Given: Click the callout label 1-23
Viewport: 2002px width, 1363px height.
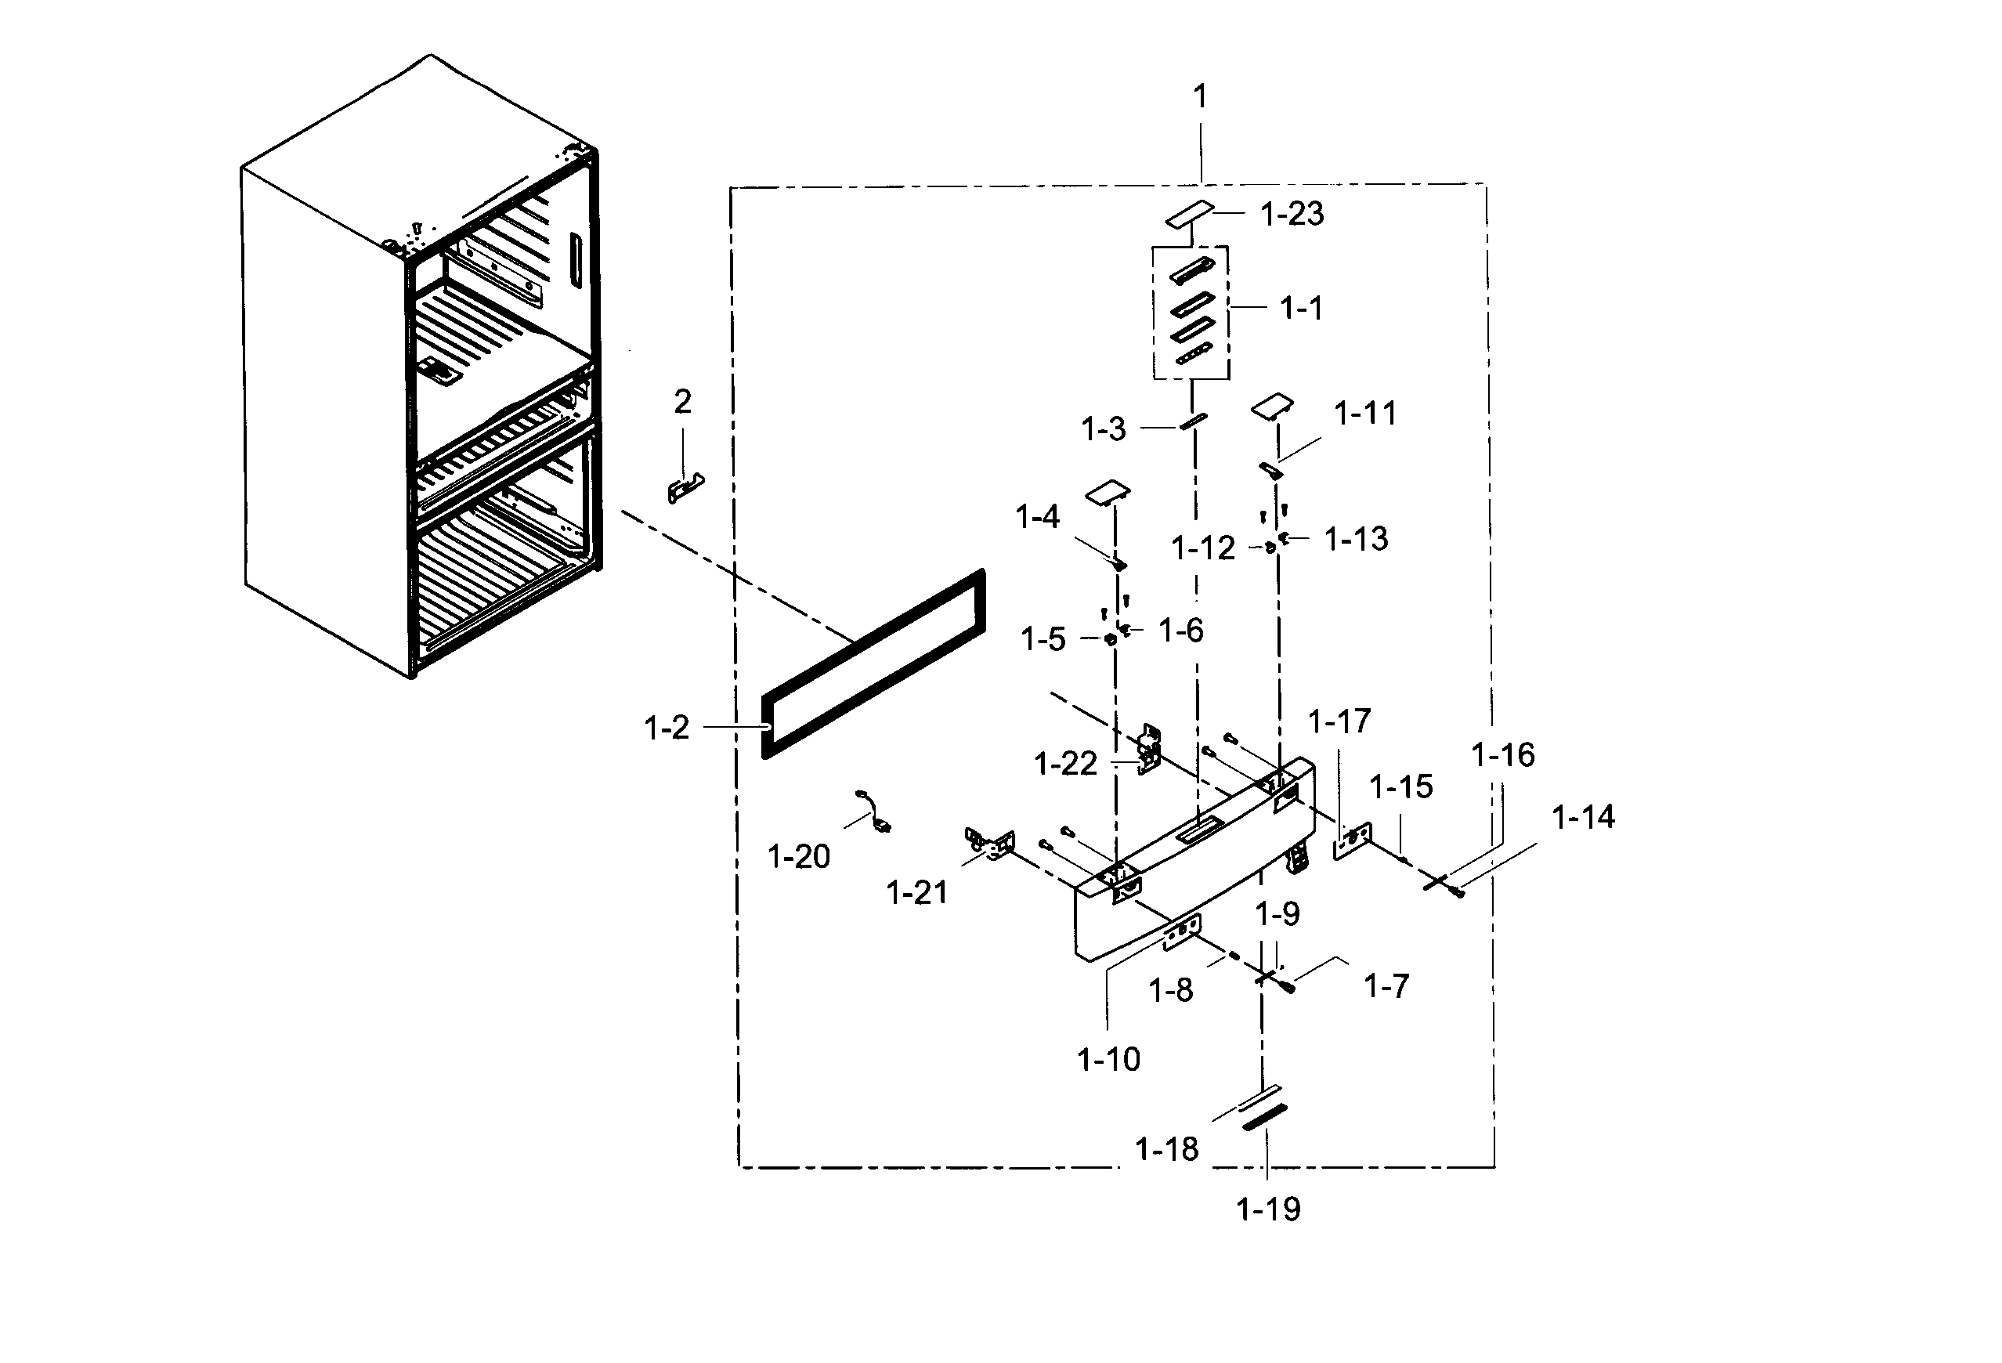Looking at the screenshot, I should pyautogui.click(x=1292, y=214).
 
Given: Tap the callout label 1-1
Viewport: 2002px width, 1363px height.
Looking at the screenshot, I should pyautogui.click(x=1301, y=308).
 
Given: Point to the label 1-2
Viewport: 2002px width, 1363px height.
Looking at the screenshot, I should pyautogui.click(x=666, y=728).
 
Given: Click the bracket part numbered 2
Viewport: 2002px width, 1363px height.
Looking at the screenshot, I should pyautogui.click(x=685, y=489).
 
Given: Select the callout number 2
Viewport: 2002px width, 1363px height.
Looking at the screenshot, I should pyautogui.click(x=682, y=402).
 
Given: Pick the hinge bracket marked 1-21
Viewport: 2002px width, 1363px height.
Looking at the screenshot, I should pyautogui.click(x=991, y=843).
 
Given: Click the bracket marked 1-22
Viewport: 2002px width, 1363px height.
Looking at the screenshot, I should pyautogui.click(x=1148, y=749).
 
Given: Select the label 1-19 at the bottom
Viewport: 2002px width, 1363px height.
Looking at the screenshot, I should pyautogui.click(x=1267, y=1209).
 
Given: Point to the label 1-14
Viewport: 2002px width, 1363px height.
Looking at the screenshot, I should pyautogui.click(x=1582, y=817).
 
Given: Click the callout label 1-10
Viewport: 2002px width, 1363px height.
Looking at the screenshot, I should pyautogui.click(x=1108, y=1059).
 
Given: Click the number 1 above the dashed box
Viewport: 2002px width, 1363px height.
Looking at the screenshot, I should pyautogui.click(x=1199, y=96).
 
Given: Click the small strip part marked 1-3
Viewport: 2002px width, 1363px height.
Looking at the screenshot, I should pyautogui.click(x=1193, y=421).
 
